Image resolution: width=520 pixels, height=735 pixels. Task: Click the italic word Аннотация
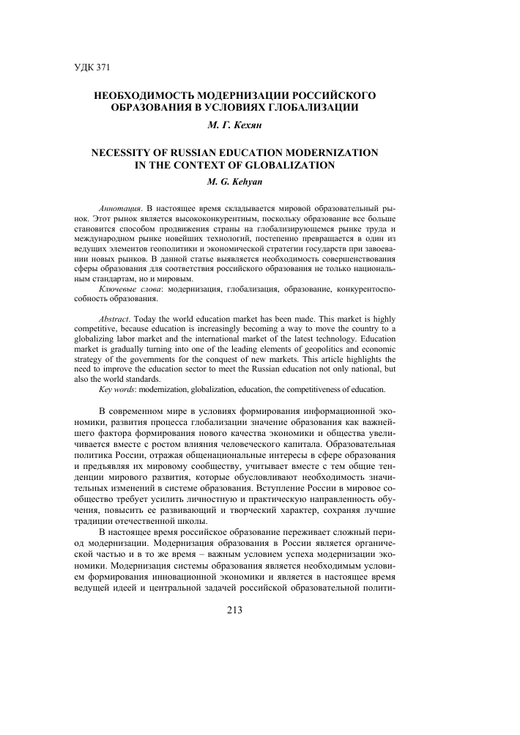pyautogui.click(x=118, y=208)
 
